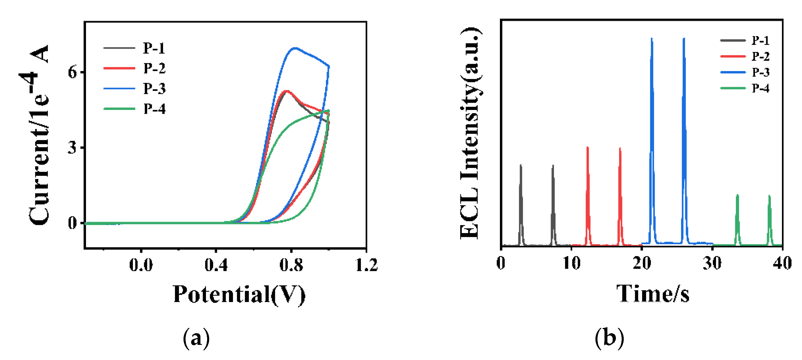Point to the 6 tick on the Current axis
point(72,72)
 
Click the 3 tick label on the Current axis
point(72,148)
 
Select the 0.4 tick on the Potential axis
point(216,265)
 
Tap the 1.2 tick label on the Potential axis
point(366,265)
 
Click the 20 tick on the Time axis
point(642,263)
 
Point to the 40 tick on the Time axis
point(782,263)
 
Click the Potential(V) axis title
point(239,294)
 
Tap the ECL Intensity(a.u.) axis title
point(471,133)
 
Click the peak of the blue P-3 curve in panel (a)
point(295,48)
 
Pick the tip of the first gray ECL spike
point(521,165)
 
